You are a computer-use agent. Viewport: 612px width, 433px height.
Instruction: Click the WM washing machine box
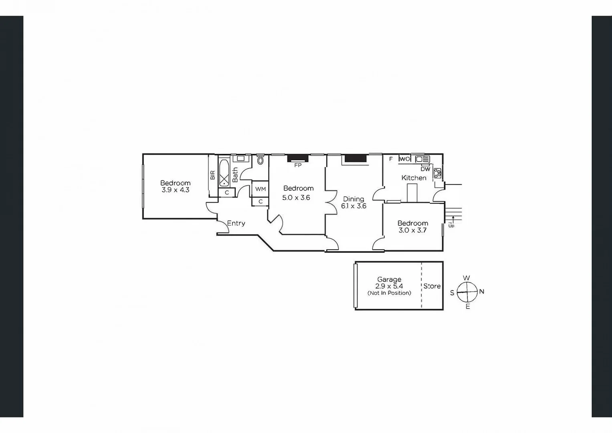[x=260, y=189]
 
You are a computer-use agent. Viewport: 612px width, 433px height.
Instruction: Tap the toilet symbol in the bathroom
[x=261, y=161]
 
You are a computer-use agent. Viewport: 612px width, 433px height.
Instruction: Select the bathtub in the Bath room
[x=224, y=173]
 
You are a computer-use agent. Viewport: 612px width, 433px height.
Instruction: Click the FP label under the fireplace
[x=298, y=165]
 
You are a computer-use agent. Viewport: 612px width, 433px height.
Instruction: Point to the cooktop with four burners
[x=437, y=173]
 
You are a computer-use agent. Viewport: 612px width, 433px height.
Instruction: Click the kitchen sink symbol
[x=422, y=159]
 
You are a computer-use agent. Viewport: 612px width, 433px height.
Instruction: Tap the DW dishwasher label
[x=425, y=169]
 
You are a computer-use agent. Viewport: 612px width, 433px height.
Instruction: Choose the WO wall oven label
[x=405, y=159]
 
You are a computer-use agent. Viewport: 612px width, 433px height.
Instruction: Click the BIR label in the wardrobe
[x=212, y=175]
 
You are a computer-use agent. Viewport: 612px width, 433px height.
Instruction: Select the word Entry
[x=236, y=223]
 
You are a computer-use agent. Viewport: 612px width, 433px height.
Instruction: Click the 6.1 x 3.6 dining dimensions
[x=353, y=206]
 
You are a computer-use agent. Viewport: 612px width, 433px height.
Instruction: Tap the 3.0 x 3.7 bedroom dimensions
[x=412, y=231]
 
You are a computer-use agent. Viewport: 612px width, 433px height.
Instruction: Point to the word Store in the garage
[x=432, y=286]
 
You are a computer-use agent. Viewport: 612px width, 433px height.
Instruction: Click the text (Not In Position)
[x=389, y=293]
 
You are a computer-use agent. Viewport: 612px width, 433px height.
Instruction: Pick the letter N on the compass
[x=482, y=291]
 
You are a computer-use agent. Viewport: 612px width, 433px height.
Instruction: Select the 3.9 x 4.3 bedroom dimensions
[x=175, y=190]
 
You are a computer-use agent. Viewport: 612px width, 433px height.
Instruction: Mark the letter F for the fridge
[x=391, y=159]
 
